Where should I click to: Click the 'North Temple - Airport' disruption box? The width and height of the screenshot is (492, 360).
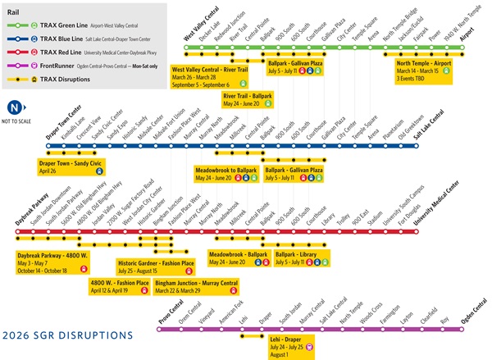pyautogui.click(x=425, y=70)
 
